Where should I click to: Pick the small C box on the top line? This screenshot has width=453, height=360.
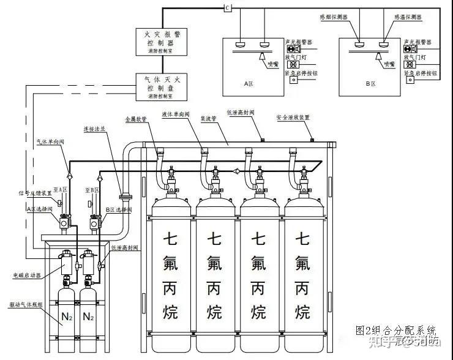(x=227, y=7)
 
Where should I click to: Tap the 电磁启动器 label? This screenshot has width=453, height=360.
(x=26, y=276)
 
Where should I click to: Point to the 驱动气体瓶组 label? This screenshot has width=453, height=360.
(x=24, y=304)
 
